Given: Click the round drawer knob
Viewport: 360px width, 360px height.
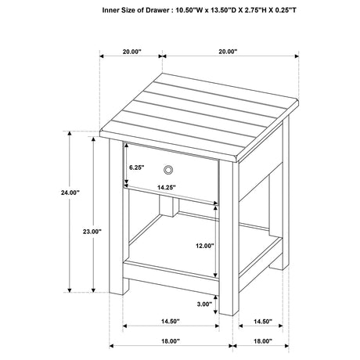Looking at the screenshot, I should [169, 170].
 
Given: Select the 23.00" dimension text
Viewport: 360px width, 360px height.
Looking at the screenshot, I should [92, 232].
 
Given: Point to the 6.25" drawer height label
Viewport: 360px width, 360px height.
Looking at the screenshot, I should [138, 167].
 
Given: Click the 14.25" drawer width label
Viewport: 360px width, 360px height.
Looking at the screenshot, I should [165, 187].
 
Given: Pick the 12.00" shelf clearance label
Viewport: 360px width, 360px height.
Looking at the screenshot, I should [205, 246].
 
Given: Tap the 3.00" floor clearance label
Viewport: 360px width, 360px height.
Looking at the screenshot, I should [206, 304].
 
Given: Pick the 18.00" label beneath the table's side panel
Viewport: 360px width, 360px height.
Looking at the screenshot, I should [263, 340].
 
